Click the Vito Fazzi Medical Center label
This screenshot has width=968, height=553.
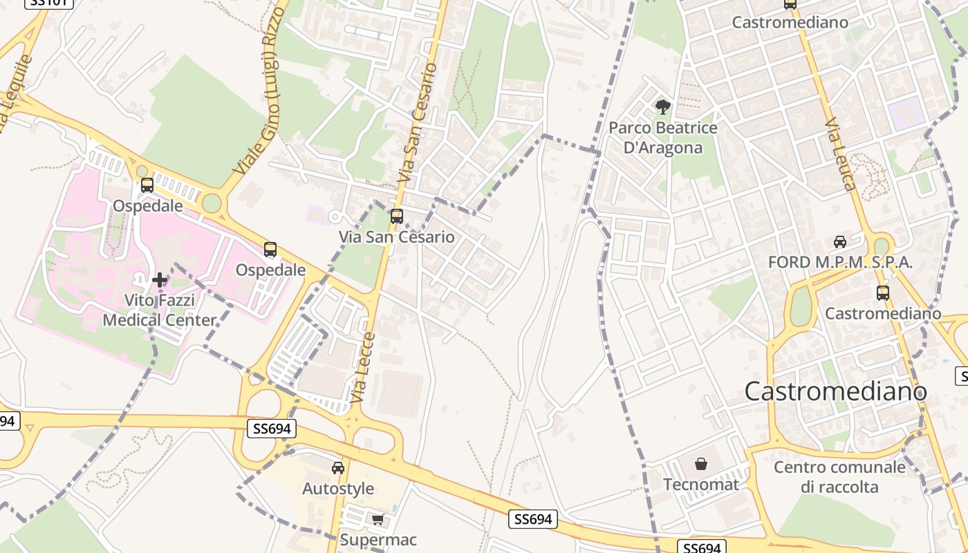point(160,310)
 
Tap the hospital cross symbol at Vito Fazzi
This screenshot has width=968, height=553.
point(160,280)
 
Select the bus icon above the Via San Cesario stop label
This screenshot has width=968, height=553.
point(396,216)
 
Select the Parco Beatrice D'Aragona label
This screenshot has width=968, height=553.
point(662,138)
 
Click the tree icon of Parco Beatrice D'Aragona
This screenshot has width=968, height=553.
point(662,107)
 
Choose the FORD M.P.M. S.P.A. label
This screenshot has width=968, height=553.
point(840,263)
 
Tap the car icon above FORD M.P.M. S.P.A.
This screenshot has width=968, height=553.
point(840,241)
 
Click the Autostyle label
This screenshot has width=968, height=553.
point(338,489)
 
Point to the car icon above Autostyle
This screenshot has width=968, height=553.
point(338,468)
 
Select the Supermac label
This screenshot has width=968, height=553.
point(378,539)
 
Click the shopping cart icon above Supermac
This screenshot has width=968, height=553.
point(378,519)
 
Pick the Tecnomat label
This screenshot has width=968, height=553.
point(701,485)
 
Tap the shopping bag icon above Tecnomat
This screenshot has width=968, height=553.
point(701,463)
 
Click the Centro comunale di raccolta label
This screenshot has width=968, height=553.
point(839,477)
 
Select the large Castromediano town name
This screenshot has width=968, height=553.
point(835,391)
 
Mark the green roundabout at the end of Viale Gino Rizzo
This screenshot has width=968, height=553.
point(212,204)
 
